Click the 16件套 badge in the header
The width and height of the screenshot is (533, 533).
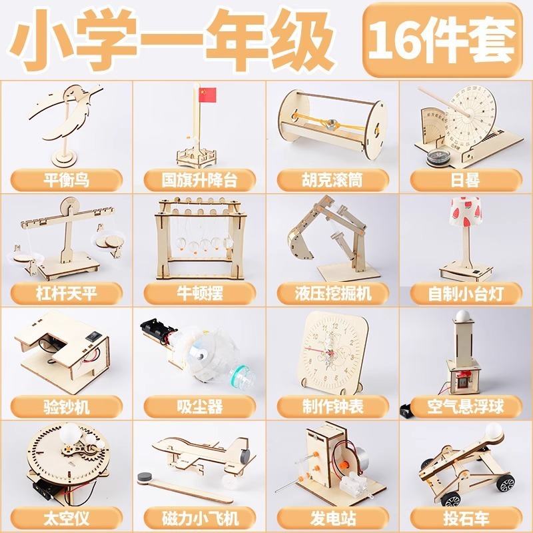[442, 38]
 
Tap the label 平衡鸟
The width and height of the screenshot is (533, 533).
[66, 179]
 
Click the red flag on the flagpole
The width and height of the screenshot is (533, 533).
[208, 95]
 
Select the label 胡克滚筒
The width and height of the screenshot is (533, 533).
[332, 179]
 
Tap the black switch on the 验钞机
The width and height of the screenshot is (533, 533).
[93, 336]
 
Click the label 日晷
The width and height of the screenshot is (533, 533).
[464, 179]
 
